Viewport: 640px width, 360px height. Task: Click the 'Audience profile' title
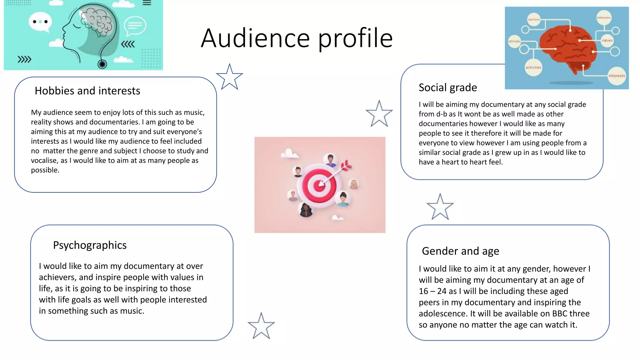297,38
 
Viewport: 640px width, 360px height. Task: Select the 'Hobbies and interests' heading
87,91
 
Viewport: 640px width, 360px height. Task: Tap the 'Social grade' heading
447,87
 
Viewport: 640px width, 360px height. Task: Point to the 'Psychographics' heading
90,245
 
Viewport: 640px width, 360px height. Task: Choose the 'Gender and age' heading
460,251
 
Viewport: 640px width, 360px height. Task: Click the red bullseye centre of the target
319,185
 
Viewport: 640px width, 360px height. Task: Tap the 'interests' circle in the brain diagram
616,76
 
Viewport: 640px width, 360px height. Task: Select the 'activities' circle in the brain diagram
533,67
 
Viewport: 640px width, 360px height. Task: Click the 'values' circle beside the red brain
607,40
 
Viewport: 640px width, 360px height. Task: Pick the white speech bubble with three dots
40,22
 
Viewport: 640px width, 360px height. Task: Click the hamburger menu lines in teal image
147,3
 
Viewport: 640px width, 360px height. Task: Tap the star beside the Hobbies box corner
229,77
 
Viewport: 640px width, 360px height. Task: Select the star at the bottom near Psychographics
261,326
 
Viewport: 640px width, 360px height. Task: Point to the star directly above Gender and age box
440,207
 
